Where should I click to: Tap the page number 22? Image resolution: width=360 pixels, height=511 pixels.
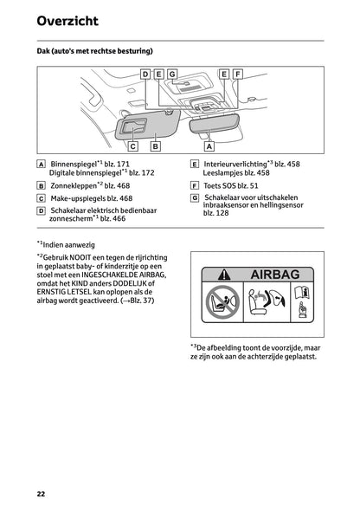[41, 494]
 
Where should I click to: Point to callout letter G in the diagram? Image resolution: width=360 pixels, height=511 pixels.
[172, 74]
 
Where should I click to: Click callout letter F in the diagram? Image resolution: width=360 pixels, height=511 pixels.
[238, 74]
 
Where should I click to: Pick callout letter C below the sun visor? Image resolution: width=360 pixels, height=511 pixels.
[134, 146]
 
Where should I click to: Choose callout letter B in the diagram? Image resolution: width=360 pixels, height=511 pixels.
[155, 146]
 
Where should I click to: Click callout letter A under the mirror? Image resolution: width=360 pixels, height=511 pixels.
[209, 146]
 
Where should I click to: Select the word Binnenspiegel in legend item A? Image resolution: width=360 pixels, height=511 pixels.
[73, 164]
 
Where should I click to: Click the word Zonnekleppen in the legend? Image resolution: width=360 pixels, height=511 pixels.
[72, 185]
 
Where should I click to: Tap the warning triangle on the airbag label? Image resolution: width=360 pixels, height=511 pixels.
[215, 275]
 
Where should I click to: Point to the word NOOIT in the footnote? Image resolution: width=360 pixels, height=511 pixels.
[87, 257]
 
